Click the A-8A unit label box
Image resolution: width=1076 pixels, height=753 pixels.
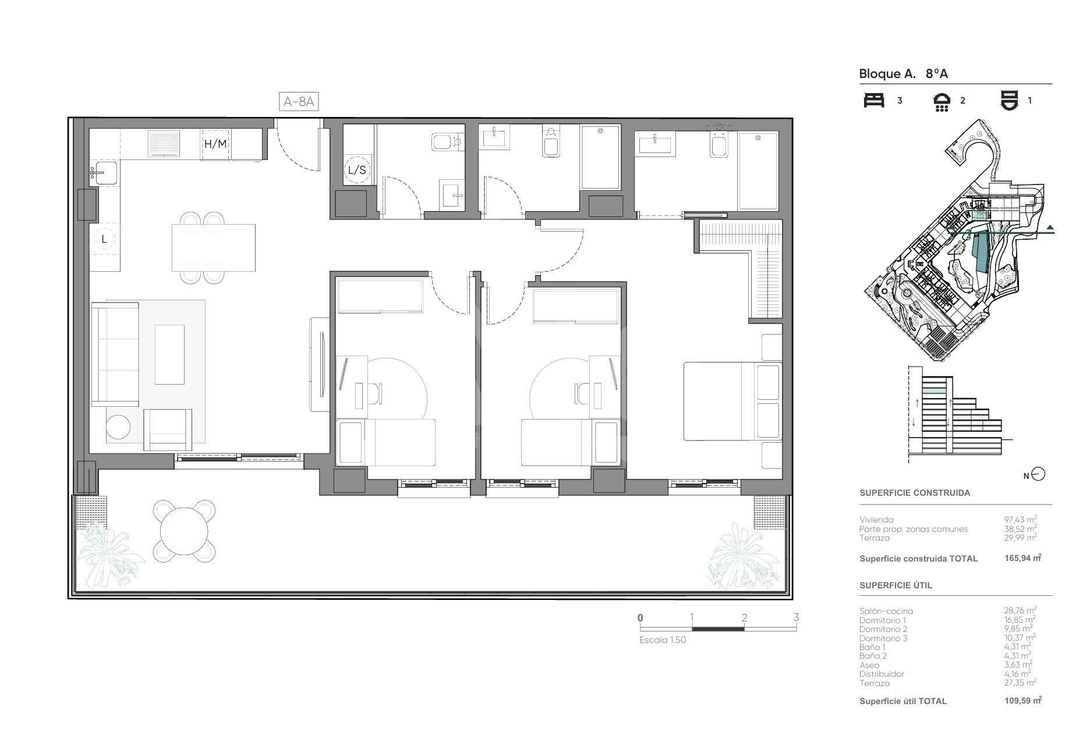tap(299, 102)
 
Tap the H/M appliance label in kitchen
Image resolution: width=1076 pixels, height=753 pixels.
tap(215, 144)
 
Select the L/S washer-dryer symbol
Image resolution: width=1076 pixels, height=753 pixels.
tap(357, 170)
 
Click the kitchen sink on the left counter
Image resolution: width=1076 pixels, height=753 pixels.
tap(105, 173)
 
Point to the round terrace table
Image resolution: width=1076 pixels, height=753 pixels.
tap(184, 531)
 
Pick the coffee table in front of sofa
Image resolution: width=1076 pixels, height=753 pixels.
tap(169, 354)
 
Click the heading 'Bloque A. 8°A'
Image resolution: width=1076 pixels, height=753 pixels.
tap(904, 74)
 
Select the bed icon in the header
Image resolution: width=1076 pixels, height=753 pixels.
tap(873, 100)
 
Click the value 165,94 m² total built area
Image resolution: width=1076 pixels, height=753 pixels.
tap(1022, 558)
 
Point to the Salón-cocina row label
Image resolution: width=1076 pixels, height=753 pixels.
tap(886, 611)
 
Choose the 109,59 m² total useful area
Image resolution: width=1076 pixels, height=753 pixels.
tap(1023, 701)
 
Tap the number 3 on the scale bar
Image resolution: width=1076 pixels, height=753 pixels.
tap(796, 617)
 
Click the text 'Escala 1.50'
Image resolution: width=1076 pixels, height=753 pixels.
tap(663, 640)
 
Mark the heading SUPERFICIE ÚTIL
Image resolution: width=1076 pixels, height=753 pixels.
tap(896, 585)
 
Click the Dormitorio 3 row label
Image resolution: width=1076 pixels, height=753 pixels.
tap(883, 638)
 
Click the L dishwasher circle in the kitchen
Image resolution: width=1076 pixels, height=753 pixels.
tap(105, 239)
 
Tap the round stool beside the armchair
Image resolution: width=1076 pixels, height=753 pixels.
tap(118, 427)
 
